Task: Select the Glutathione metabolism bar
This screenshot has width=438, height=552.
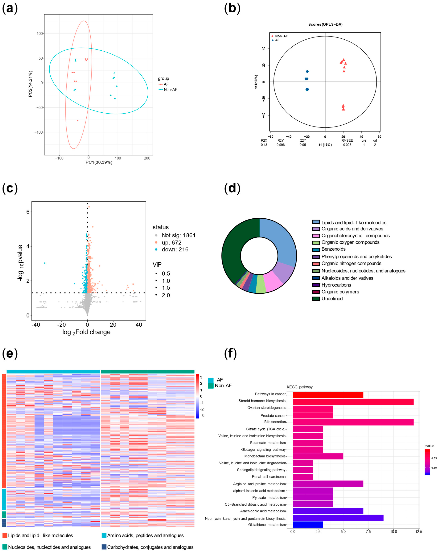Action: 308,525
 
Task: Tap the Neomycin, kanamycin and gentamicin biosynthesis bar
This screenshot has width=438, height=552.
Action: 338,518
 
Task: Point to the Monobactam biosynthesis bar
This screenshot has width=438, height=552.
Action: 318,456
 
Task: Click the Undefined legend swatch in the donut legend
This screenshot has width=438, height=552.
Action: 316,299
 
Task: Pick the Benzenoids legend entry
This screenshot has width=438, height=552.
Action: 333,249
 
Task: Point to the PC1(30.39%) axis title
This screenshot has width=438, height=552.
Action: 99,162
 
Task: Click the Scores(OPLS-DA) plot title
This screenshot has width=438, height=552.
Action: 325,24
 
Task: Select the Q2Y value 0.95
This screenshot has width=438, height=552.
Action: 303,145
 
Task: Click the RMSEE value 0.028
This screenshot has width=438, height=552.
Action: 347,145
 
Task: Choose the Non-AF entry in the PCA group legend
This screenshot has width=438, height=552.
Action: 170,90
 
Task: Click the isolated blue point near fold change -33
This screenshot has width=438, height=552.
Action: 45,263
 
